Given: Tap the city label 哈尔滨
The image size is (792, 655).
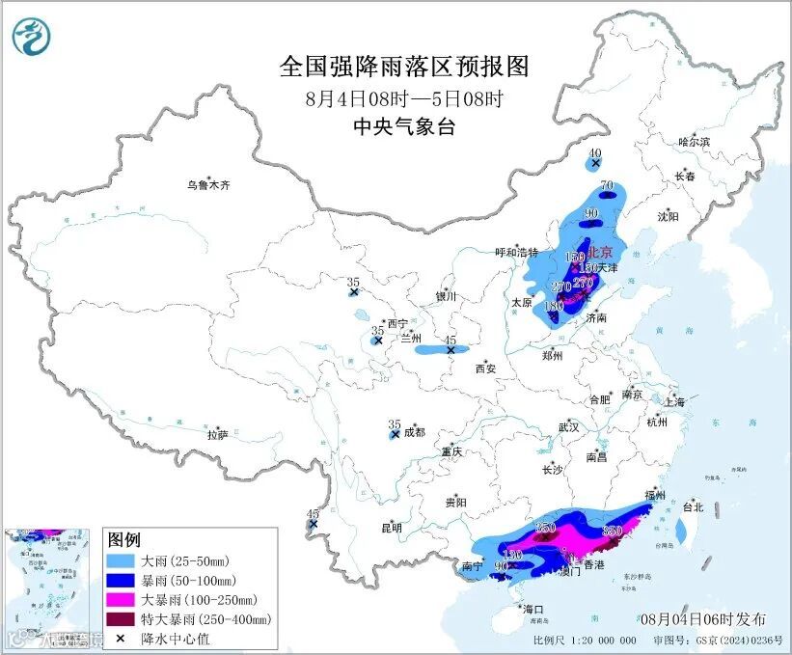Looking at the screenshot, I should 693,142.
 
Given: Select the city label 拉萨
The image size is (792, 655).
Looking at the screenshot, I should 217,434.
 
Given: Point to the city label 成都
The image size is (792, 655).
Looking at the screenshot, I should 414,432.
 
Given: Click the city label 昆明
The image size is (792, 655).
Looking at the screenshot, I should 391,528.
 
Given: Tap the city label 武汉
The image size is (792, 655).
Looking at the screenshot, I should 568,426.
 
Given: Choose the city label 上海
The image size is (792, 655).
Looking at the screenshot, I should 674,401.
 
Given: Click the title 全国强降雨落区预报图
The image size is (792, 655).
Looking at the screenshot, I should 405,67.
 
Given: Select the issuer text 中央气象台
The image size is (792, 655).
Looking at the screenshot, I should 404,126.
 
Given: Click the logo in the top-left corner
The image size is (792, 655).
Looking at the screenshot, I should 32,37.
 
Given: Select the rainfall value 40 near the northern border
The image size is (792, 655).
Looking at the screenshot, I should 595,153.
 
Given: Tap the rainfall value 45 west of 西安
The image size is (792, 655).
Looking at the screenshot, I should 450,341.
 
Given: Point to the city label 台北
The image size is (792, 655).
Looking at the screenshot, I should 694,506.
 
